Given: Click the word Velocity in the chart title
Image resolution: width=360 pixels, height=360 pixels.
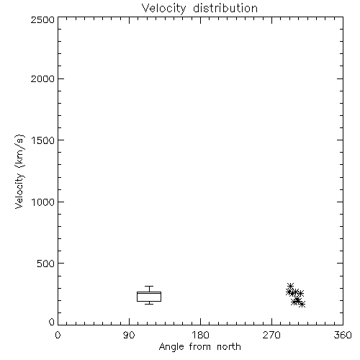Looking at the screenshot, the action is pyautogui.click(x=163, y=9).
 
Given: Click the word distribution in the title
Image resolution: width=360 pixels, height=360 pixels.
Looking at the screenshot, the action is pyautogui.click(x=225, y=8).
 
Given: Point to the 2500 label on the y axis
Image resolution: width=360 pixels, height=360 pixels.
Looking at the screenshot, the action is pyautogui.click(x=42, y=19).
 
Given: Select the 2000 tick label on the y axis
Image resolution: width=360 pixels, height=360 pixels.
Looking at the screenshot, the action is pyautogui.click(x=42, y=78).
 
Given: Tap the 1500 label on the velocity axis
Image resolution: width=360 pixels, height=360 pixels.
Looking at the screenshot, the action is pyautogui.click(x=43, y=140).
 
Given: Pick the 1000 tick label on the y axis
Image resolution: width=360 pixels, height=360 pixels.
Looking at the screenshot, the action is pyautogui.click(x=43, y=202).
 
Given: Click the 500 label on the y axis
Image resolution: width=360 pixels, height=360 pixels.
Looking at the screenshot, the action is pyautogui.click(x=46, y=264).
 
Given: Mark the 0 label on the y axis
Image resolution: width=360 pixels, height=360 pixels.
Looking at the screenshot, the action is pyautogui.click(x=52, y=322).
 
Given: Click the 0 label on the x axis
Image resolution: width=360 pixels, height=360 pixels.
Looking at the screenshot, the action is pyautogui.click(x=58, y=335).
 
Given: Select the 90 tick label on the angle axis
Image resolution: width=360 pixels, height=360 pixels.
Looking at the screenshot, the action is pyautogui.click(x=129, y=335).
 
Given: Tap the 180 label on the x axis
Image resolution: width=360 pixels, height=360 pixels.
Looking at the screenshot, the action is pyautogui.click(x=200, y=335).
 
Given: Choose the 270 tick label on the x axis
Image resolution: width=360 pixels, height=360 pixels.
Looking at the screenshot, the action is pyautogui.click(x=271, y=335).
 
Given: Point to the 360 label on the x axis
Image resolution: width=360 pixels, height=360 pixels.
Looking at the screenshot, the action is pyautogui.click(x=343, y=335).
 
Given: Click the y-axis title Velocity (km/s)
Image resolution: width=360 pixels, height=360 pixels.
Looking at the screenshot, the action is pyautogui.click(x=19, y=171).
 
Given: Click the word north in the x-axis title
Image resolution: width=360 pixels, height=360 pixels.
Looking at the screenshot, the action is pyautogui.click(x=229, y=347).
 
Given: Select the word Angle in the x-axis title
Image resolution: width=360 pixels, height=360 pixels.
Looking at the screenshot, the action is pyautogui.click(x=171, y=347).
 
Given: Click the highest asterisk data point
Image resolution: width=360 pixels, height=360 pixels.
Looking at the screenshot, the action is pyautogui.click(x=291, y=286).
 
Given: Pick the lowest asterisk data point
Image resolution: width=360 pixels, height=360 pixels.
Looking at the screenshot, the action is pyautogui.click(x=302, y=304).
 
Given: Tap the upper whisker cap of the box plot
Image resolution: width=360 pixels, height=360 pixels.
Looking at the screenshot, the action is pyautogui.click(x=149, y=286).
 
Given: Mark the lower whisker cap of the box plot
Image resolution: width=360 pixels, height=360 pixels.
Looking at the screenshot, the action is pyautogui.click(x=149, y=304).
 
